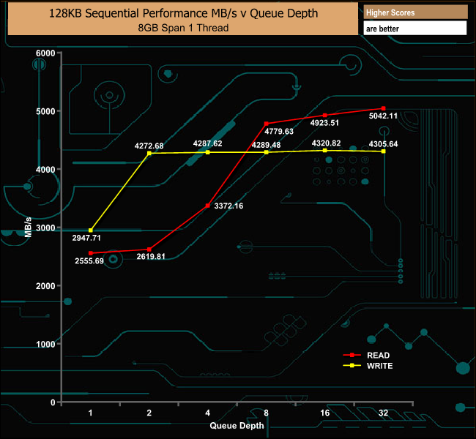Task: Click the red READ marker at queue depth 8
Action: tap(267, 124)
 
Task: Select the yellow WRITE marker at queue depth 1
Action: tap(91, 230)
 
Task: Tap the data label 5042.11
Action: tap(383, 116)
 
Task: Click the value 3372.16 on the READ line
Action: tap(228, 206)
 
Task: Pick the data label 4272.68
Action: tap(149, 146)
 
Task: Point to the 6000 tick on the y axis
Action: tap(45, 53)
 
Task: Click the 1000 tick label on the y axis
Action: tap(45, 344)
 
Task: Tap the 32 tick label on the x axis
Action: tap(383, 413)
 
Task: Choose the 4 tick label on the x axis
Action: tap(208, 413)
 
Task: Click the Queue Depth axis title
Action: tap(237, 424)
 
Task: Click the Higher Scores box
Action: tap(415, 12)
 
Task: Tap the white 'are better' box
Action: tap(415, 29)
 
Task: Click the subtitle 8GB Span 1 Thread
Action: tap(182, 28)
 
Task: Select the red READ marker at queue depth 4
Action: tap(208, 206)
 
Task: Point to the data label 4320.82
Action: tap(326, 143)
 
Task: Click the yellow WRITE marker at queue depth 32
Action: tap(383, 151)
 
